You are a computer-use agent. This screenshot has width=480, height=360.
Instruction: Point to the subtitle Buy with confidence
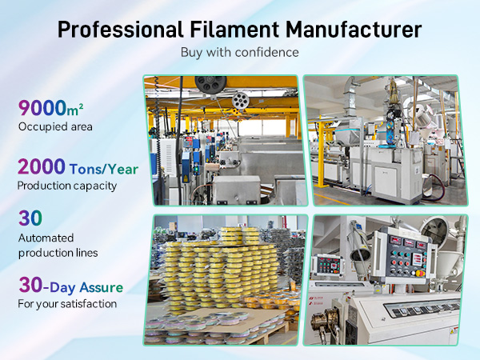pyautogui.click(x=239, y=54)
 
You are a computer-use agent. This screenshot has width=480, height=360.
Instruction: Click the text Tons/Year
pyautogui.click(x=105, y=169)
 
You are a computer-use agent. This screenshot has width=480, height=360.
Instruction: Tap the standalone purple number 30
pyautogui.click(x=30, y=218)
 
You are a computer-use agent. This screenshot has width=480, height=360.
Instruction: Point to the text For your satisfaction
pyautogui.click(x=67, y=304)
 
